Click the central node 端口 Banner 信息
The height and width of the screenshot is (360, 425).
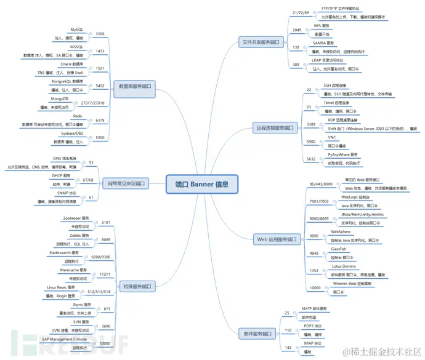click(x=201, y=183)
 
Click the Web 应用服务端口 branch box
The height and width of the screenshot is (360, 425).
click(x=277, y=239)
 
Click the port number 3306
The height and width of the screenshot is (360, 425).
click(x=100, y=34)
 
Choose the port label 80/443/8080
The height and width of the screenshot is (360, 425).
click(x=320, y=183)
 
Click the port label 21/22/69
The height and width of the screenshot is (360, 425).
click(x=301, y=12)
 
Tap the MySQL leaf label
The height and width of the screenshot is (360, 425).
click(x=76, y=29)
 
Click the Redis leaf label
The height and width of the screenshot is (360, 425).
click(x=78, y=116)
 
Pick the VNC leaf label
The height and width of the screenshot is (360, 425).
click(x=332, y=137)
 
